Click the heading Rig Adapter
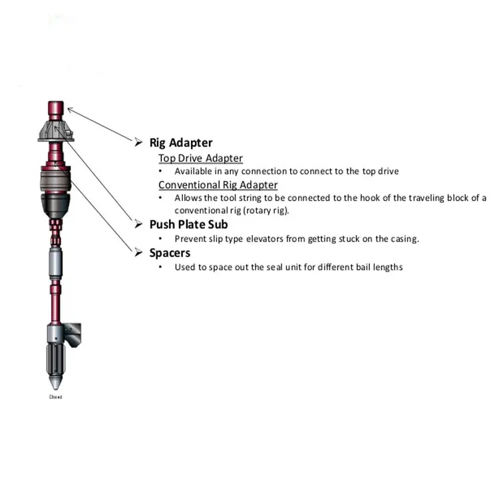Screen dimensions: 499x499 [181, 142]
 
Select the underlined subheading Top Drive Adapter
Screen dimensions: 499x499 [200, 158]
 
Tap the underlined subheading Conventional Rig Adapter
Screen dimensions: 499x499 [218, 185]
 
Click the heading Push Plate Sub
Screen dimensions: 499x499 [188, 224]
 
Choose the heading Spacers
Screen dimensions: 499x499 [170, 253]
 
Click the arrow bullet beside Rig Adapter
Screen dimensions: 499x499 [138, 142]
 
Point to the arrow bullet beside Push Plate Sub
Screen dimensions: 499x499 [138, 224]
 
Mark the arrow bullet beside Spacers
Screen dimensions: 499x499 [138, 253]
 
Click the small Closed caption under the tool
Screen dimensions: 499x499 [56, 397]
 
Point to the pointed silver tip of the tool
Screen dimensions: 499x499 [56, 384]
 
